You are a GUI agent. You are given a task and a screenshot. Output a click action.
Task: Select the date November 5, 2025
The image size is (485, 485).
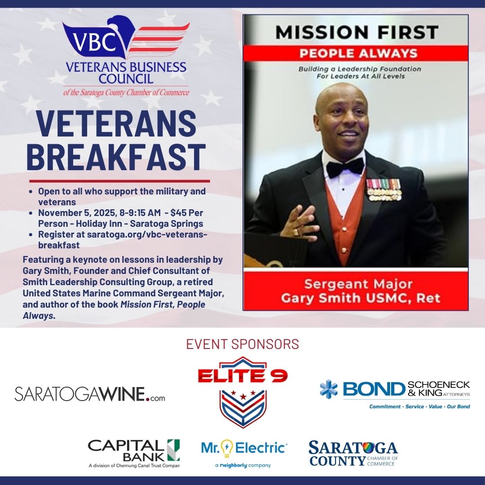[x=73, y=212]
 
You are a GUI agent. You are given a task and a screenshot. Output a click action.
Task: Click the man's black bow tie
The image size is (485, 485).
[x=345, y=168]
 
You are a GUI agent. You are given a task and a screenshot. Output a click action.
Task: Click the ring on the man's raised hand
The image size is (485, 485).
[x=296, y=232]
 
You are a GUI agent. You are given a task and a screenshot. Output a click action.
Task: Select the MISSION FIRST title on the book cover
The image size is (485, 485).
[x=357, y=32]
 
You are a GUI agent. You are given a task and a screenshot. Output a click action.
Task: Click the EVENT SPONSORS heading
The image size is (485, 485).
[x=242, y=344]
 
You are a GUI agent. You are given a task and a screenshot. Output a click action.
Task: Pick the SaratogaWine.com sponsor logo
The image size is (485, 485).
[x=90, y=394]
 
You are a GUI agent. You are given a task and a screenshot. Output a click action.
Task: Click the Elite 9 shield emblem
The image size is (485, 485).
[x=242, y=406]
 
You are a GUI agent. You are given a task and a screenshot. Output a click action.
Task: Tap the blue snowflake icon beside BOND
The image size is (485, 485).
[x=329, y=389]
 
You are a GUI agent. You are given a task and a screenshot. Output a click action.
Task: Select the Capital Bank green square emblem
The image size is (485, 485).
[x=173, y=450]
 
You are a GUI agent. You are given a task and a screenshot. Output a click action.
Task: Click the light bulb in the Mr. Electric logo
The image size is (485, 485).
[x=227, y=448]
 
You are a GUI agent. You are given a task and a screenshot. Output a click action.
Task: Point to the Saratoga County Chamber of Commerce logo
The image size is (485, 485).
[x=353, y=453]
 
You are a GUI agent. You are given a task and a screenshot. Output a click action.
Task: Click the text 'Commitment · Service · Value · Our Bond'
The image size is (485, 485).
[x=419, y=406]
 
